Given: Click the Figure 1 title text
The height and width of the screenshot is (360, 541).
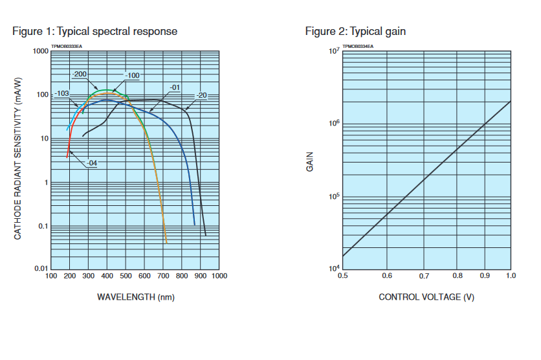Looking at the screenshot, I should (94, 31).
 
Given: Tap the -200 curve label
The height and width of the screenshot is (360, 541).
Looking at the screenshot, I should (80, 74).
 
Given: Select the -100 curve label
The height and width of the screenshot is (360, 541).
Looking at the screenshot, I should (133, 76).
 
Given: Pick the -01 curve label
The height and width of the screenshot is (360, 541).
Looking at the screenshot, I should (175, 87).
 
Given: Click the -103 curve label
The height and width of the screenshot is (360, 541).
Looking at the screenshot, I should (61, 94).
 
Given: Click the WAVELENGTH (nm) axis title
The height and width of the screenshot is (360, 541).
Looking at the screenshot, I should (135, 297).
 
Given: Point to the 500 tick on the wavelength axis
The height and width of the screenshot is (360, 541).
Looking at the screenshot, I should (126, 276).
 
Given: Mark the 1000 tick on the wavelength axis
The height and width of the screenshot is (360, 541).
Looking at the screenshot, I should (219, 276).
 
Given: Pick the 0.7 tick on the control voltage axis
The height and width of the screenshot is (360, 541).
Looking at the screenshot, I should (424, 276).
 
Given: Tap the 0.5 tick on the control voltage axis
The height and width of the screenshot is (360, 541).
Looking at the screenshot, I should (343, 276).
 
